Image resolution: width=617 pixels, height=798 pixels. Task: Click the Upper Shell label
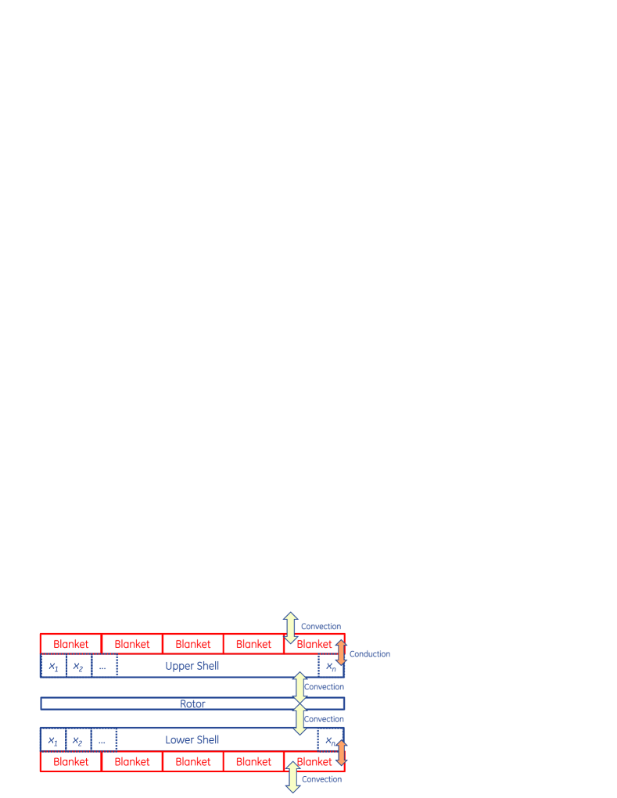192,666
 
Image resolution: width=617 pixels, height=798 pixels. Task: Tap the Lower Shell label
192,739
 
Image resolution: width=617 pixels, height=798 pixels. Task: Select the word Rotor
192,703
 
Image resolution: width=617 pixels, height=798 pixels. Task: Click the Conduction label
369,653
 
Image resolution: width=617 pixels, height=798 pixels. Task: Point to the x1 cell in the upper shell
53,666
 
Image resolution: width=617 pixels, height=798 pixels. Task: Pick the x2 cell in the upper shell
78,666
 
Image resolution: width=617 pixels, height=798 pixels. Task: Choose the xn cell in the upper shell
331,666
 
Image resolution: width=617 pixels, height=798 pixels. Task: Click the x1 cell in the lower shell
53,739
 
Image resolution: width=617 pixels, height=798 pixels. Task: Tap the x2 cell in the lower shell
78,739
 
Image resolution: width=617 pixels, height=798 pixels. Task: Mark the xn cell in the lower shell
330,739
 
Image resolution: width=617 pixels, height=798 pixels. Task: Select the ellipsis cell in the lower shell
103,739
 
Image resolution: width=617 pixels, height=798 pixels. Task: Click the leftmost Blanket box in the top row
71,644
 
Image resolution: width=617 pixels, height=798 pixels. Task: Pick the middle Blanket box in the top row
193,644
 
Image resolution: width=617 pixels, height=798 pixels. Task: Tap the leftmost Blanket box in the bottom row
71,761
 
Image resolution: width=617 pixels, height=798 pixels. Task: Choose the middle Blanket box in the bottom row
193,761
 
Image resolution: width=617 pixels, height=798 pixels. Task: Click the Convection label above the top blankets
321,626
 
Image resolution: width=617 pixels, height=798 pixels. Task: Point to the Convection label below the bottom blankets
321,778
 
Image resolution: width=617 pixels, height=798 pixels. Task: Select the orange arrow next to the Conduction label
341,653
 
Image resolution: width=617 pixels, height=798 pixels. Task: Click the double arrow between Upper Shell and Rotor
299,686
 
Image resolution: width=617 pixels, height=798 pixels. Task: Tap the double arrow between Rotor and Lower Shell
299,719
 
